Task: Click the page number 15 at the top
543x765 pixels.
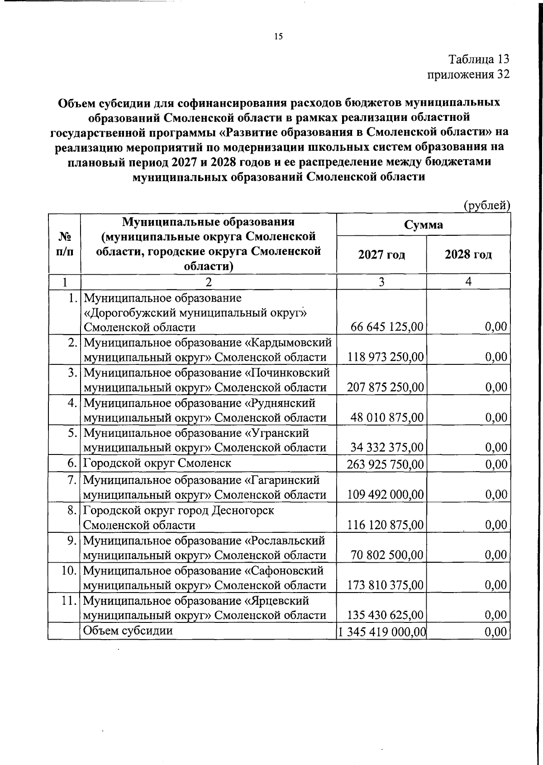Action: tap(278, 37)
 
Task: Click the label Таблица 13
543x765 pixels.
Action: tap(479, 59)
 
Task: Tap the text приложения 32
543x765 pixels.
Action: tap(468, 74)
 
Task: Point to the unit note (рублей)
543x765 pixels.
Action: tap(487, 206)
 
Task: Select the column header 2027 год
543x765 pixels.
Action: tap(381, 254)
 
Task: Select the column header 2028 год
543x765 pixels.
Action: tap(468, 254)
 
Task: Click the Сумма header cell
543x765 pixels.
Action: tap(423, 225)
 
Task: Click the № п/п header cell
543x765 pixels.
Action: tap(64, 244)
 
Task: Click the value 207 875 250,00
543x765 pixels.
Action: tap(386, 387)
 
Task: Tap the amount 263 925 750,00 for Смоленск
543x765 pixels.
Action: tap(386, 464)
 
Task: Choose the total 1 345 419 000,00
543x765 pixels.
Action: tap(381, 632)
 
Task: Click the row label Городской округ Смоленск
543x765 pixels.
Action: tap(157, 463)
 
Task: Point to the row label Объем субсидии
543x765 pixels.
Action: tap(129, 631)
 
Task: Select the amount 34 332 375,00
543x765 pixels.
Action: tap(387, 448)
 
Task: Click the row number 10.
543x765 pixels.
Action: tap(69, 570)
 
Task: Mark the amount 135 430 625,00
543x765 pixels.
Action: tap(386, 615)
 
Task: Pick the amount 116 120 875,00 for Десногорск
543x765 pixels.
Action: tap(386, 525)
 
